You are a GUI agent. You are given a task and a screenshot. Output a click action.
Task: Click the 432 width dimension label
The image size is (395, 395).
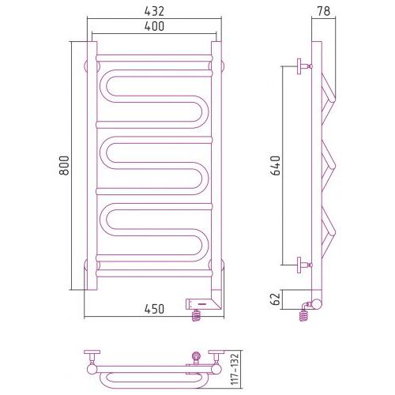point(154,11)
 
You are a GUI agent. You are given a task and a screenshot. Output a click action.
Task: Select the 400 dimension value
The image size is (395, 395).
point(154,26)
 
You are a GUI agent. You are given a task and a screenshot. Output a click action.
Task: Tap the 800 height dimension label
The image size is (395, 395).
point(64,166)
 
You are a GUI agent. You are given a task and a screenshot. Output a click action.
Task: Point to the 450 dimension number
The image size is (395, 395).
point(154,309)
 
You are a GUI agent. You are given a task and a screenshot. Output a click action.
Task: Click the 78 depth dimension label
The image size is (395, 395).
point(324,11)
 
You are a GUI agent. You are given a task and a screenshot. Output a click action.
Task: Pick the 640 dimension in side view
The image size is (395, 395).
point(276,166)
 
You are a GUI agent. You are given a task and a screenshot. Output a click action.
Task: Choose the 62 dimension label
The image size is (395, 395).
point(276,299)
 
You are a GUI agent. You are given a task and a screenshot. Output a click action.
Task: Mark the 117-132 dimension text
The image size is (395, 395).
point(235,370)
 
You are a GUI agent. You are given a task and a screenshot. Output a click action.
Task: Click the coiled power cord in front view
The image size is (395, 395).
point(197,315)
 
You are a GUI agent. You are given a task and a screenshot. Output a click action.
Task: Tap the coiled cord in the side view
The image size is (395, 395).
point(304,314)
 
